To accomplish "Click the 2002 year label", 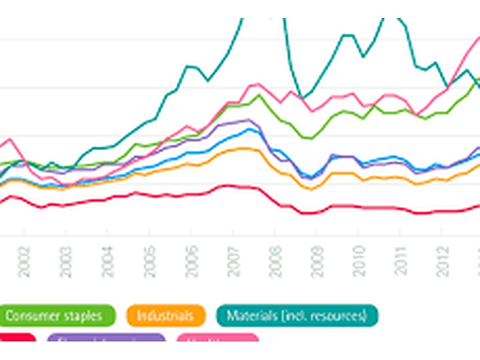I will tap(24, 262).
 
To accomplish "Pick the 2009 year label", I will tap(317, 262).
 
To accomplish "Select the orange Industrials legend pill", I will tap(165, 315).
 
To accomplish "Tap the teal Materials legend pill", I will tap(296, 315).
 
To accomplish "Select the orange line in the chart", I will tap(180, 166).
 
